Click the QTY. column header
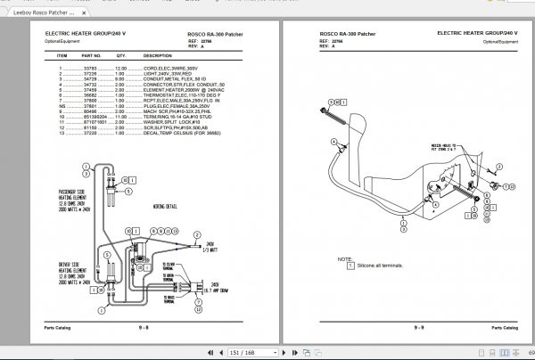click(x=120, y=54)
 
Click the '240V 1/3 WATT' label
click(x=211, y=245)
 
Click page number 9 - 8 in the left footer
click(x=144, y=328)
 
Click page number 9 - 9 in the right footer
click(x=418, y=328)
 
